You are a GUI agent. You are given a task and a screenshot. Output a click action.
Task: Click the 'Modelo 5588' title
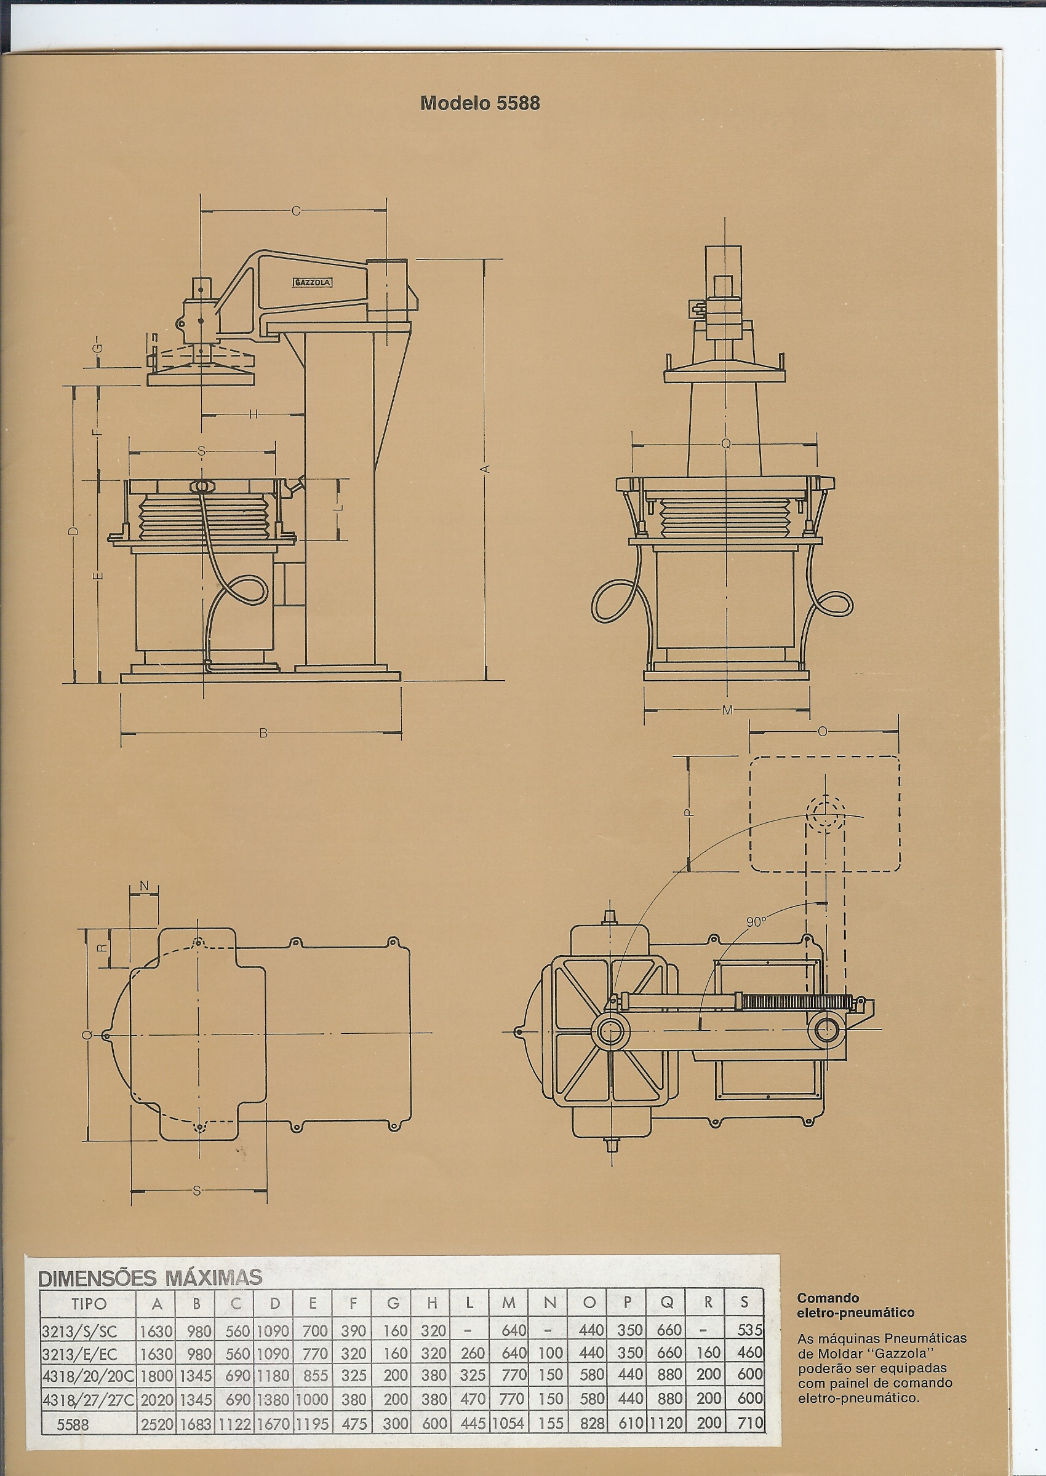coord(480,103)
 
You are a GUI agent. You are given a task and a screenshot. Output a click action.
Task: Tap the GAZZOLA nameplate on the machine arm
coord(313,282)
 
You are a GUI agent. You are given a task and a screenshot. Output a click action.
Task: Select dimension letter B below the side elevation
coord(263,732)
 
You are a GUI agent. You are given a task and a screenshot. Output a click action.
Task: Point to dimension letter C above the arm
coord(295,210)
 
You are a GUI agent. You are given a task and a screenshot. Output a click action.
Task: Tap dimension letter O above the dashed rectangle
coord(822,732)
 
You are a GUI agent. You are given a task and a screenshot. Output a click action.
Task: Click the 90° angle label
coord(756,922)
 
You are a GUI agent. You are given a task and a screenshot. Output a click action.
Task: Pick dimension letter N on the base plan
coord(144,886)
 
